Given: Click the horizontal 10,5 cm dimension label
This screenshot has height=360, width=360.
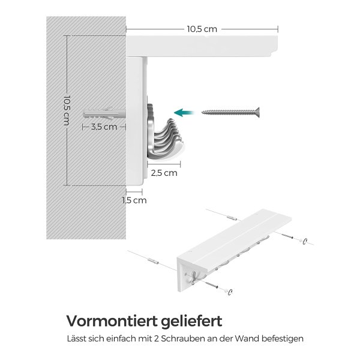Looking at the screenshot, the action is click(x=202, y=29).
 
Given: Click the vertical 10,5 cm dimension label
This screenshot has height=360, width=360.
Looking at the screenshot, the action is click(x=67, y=110).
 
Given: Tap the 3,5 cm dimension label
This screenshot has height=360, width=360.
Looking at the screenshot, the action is click(x=104, y=127).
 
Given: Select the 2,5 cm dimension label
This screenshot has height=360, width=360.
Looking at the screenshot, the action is click(x=164, y=173).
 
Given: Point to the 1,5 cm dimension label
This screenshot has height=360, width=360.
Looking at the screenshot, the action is click(x=134, y=200).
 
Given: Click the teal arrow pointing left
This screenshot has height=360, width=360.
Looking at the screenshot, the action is click(x=184, y=113).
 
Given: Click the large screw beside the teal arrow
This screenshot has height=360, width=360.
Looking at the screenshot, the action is click(x=230, y=113).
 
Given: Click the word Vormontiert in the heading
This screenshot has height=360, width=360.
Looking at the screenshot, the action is click(x=112, y=321).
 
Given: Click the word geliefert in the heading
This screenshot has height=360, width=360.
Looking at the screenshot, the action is click(x=191, y=322).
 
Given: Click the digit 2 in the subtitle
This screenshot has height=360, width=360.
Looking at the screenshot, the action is click(x=156, y=338).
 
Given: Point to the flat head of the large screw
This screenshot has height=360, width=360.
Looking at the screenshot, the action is click(x=257, y=113).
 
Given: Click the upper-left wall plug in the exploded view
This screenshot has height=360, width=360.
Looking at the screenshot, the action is click(x=232, y=218).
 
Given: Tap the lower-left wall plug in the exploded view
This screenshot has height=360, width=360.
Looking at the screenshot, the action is click(x=152, y=261).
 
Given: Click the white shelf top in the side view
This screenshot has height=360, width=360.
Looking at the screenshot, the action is click(x=202, y=46).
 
